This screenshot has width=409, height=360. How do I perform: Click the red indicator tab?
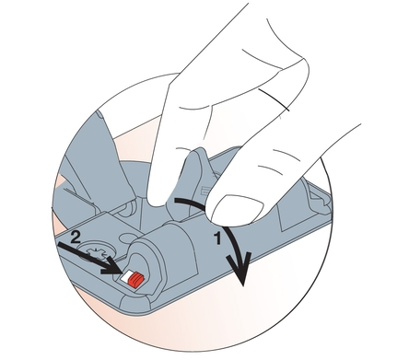[x=135, y=280]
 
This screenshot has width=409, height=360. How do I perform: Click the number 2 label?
[x=76, y=238]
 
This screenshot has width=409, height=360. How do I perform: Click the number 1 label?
[x=217, y=238]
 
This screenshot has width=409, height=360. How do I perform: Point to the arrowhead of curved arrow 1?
[x=240, y=269]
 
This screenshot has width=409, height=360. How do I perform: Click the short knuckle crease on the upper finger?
[x=274, y=99]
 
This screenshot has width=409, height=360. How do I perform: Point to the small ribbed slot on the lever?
[x=204, y=192]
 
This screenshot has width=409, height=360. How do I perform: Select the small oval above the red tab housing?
[x=125, y=238]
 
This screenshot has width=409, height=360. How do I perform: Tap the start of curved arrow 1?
[x=176, y=201]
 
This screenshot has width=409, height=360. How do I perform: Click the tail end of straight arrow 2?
[x=59, y=244]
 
